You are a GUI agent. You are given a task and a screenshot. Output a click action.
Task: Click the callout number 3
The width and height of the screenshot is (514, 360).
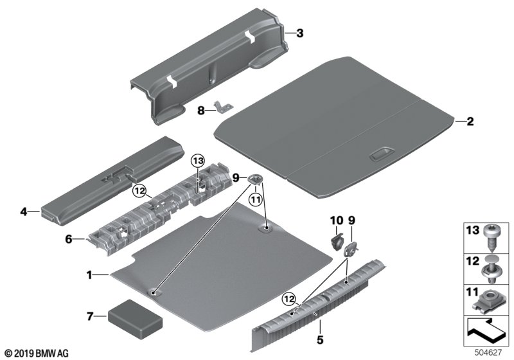coord(300,33)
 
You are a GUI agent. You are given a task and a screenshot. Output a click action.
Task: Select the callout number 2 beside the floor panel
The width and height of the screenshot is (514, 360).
coord(470,122)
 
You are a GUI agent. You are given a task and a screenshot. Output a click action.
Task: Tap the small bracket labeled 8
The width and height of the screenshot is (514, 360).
coord(224,106)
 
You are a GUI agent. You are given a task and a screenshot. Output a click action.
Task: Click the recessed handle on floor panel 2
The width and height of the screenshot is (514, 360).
coord(382,154)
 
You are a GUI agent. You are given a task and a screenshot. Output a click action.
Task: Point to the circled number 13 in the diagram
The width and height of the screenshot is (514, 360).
coord(198,161)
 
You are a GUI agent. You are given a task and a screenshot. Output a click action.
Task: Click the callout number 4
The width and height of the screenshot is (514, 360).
coord(24,212)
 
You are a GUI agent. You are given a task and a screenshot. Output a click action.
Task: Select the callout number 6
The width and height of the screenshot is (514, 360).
coord(69,239)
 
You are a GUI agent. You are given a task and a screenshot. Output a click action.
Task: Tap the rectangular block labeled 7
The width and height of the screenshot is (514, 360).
coord(135,319)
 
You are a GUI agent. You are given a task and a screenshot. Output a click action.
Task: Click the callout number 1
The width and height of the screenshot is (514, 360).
coord(89,274)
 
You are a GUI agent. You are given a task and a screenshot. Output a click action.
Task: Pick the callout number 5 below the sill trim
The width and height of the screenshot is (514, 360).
coord(320,339)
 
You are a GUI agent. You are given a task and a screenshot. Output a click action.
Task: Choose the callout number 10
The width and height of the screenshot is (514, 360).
coord(336,221)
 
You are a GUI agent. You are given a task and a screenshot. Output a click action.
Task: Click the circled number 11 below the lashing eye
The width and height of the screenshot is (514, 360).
coord(255,199)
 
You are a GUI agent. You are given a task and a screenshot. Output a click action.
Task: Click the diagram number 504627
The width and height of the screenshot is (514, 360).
coord(488,353)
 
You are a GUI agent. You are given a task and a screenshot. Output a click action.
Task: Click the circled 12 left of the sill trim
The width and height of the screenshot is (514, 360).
coord(290,299)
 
